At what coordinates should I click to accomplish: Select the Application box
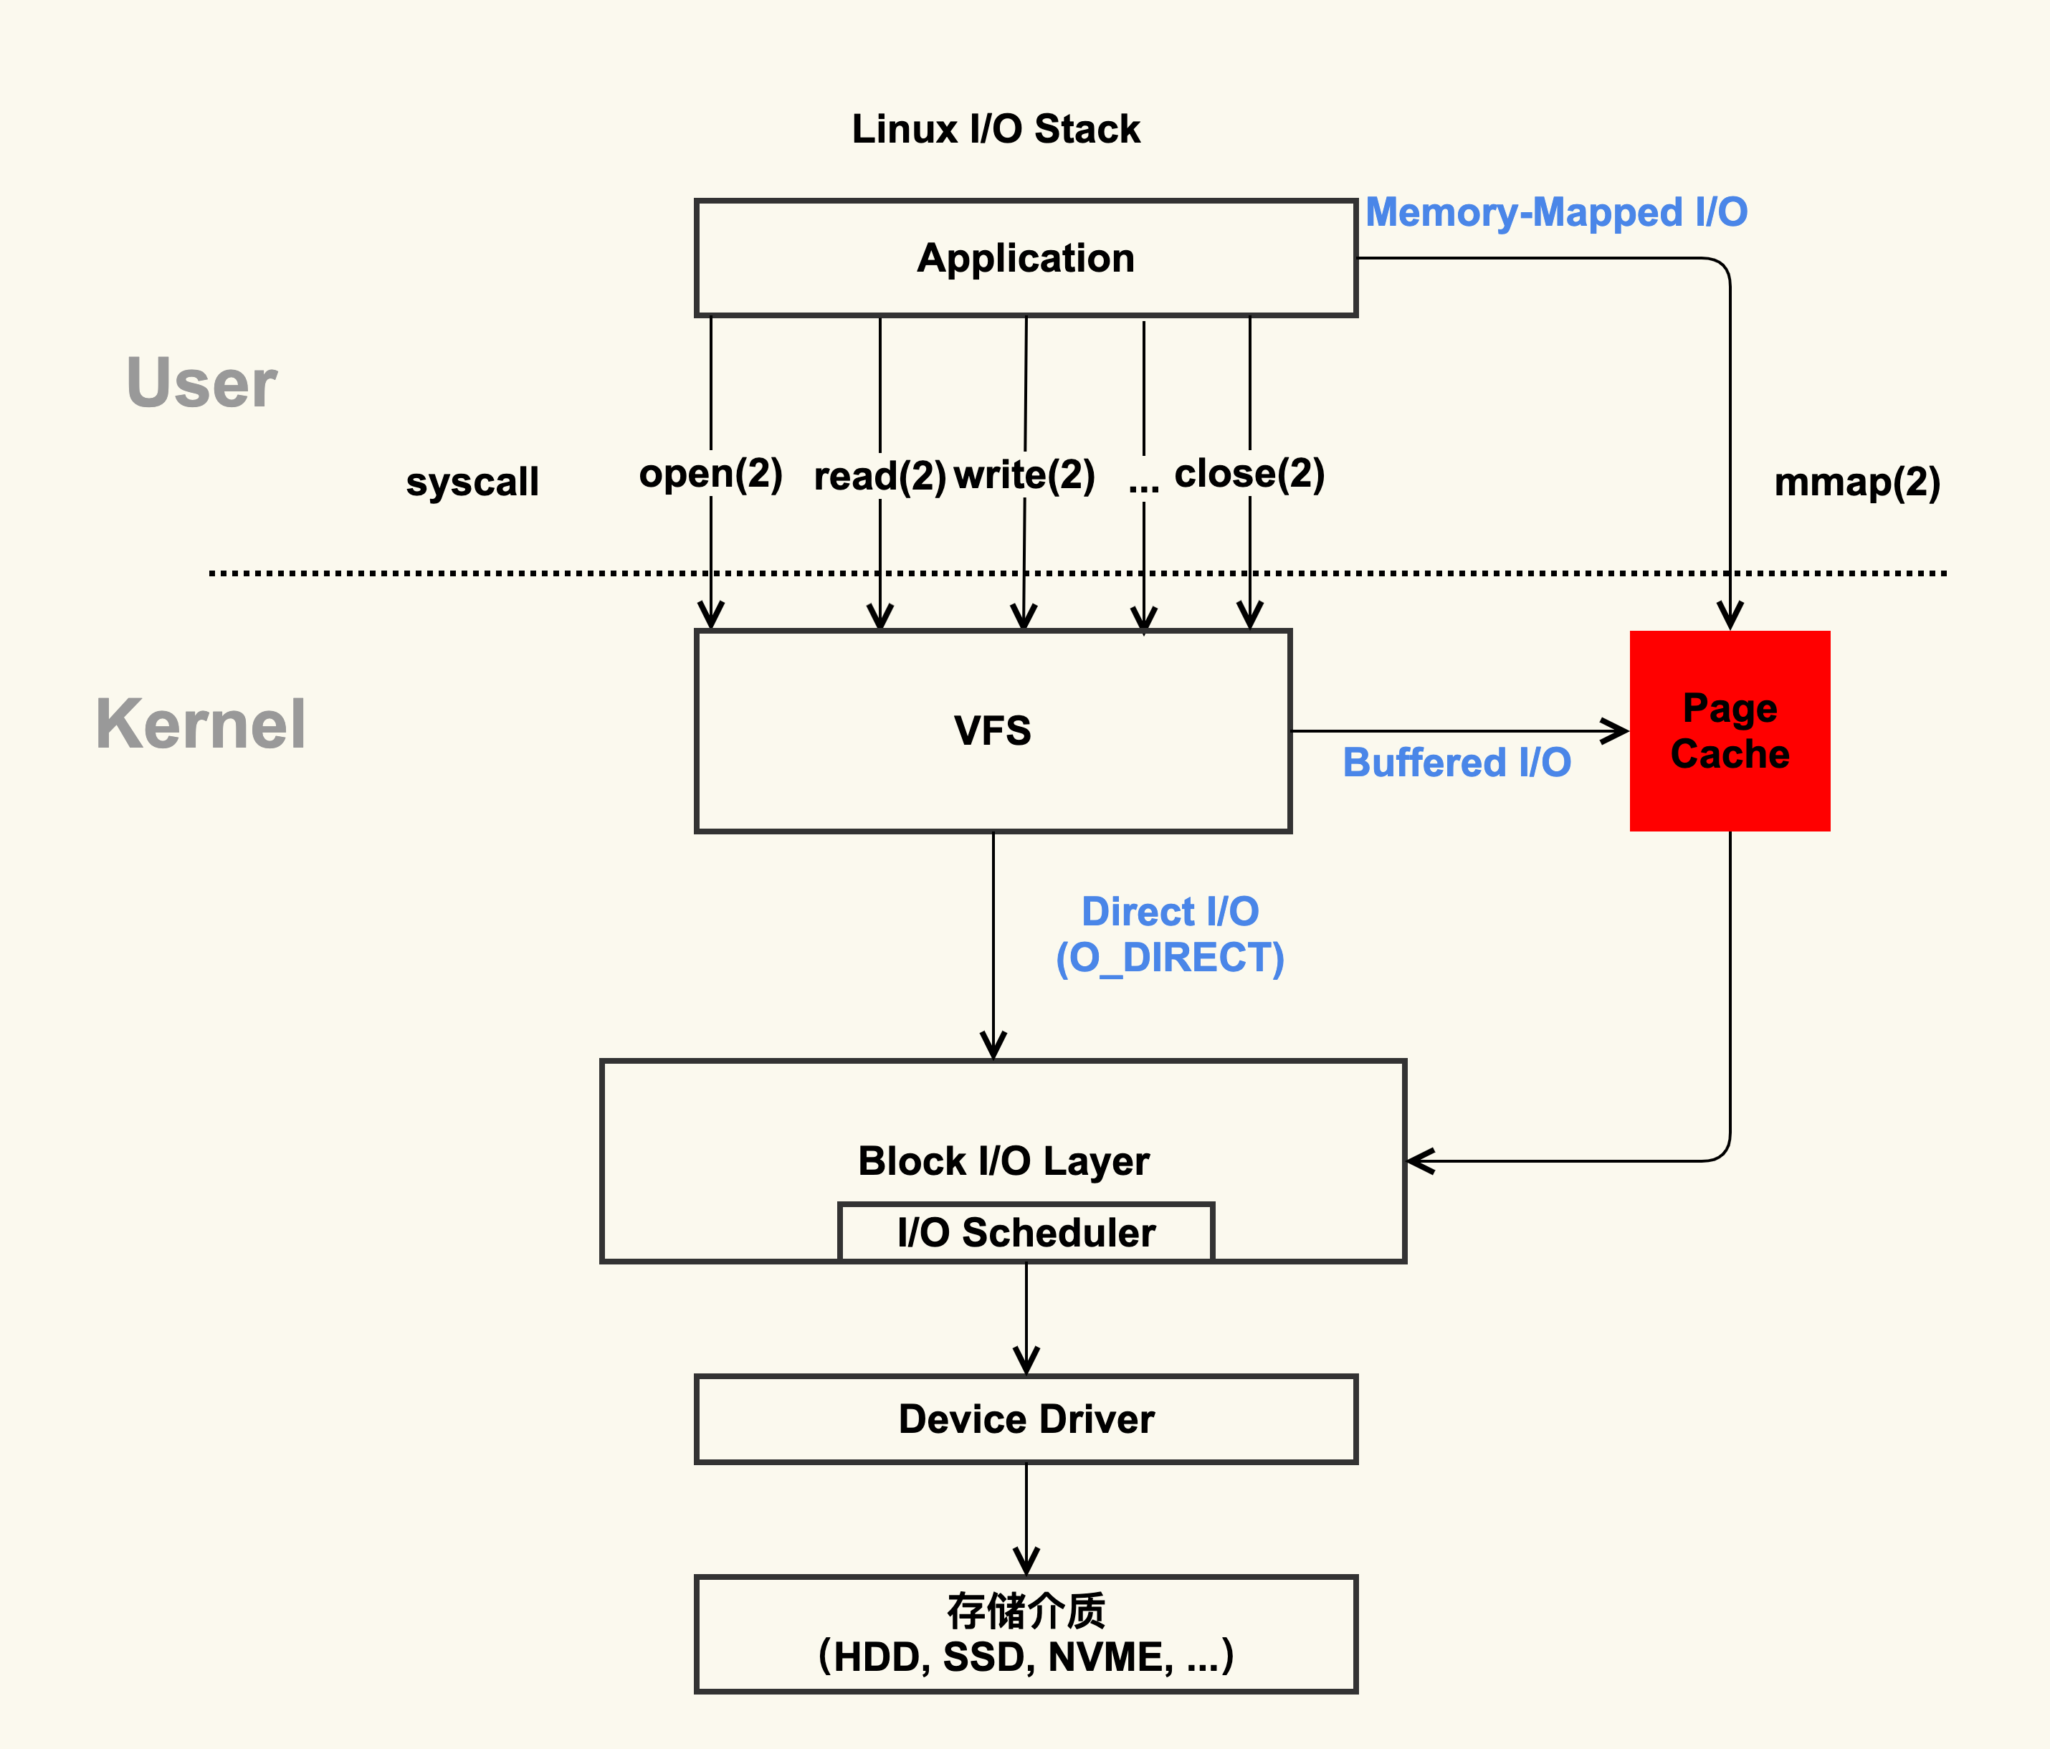(1025, 258)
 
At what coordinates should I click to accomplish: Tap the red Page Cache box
(1730, 731)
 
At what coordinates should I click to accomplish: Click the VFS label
(992, 731)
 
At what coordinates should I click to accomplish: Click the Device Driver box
(1025, 1419)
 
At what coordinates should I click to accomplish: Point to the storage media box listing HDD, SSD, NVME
(1025, 1634)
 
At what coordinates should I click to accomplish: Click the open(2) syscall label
(710, 474)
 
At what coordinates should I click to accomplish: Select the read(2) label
(879, 476)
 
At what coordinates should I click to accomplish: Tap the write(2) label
(1024, 475)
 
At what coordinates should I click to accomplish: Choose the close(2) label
(1249, 474)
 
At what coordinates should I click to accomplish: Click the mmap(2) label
(1856, 482)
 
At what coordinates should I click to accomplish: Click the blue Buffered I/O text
(1457, 763)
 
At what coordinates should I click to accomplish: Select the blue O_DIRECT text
(1170, 958)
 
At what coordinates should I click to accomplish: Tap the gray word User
(202, 383)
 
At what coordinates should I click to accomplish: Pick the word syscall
(472, 482)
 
